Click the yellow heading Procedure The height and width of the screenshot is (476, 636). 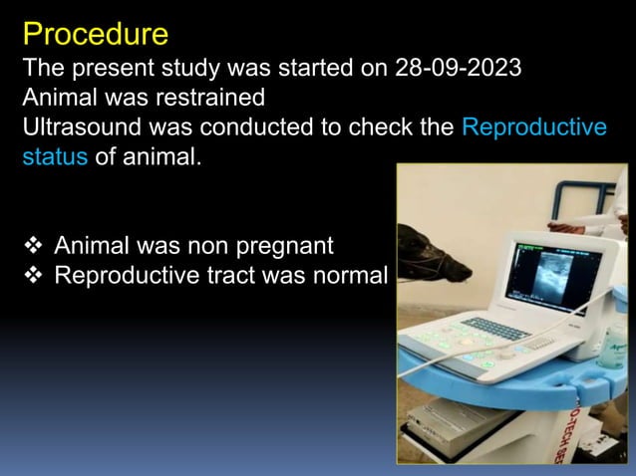[95, 34]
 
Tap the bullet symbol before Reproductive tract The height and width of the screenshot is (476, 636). [33, 276]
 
